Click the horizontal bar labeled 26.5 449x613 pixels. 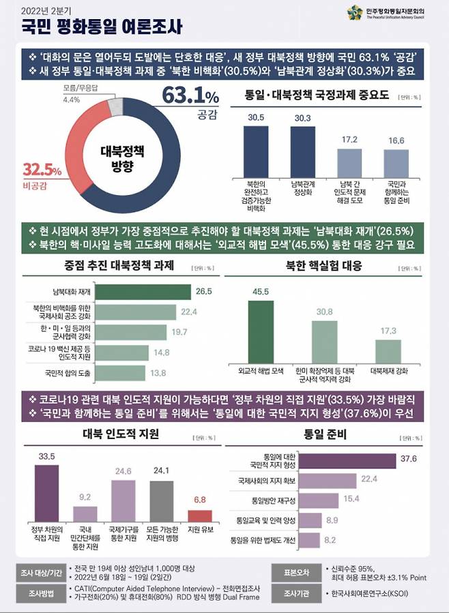click(143, 292)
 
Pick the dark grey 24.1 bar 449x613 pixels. click(162, 500)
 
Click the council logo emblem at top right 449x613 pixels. click(354, 12)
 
